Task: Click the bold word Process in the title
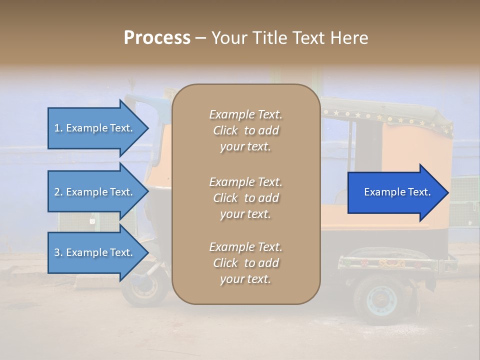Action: click(157, 38)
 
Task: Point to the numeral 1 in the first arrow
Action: click(57, 128)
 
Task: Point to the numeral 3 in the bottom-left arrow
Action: click(57, 252)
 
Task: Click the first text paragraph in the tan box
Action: click(245, 130)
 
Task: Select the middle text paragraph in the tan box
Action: click(245, 197)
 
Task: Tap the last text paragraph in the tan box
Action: click(245, 263)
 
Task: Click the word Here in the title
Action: click(348, 38)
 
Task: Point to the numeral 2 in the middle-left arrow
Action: click(57, 192)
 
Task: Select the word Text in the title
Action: click(308, 38)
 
